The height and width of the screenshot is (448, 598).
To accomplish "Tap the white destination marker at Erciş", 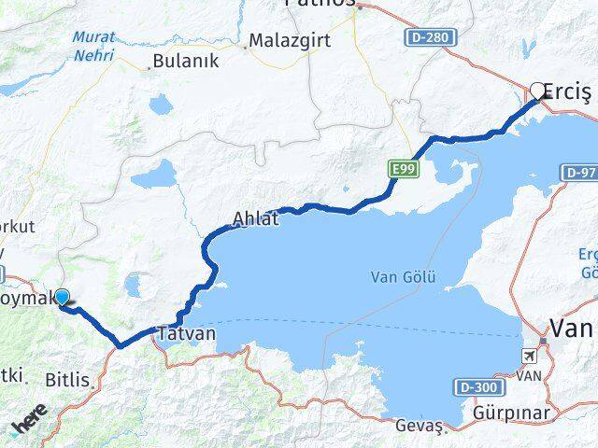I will pyautogui.click(x=537, y=91).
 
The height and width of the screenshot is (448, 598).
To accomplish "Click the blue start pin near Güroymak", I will pyautogui.click(x=62, y=297).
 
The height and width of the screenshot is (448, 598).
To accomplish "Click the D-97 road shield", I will pyautogui.click(x=579, y=173).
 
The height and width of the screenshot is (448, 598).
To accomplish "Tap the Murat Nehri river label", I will pyautogui.click(x=94, y=44).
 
